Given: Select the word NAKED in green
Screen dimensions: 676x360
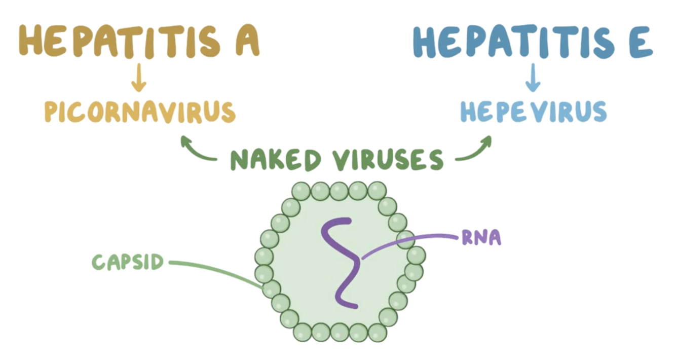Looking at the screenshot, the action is tap(276, 160).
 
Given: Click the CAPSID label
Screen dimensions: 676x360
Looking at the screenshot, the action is tap(128, 262).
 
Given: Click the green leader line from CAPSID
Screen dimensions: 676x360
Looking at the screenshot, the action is tap(218, 269).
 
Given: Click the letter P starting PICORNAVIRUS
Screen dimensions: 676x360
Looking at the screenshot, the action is tap(51, 112).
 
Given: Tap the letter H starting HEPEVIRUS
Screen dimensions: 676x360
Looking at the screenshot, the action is tap(467, 112).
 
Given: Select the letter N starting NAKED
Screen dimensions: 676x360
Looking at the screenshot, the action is tap(239, 160).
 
